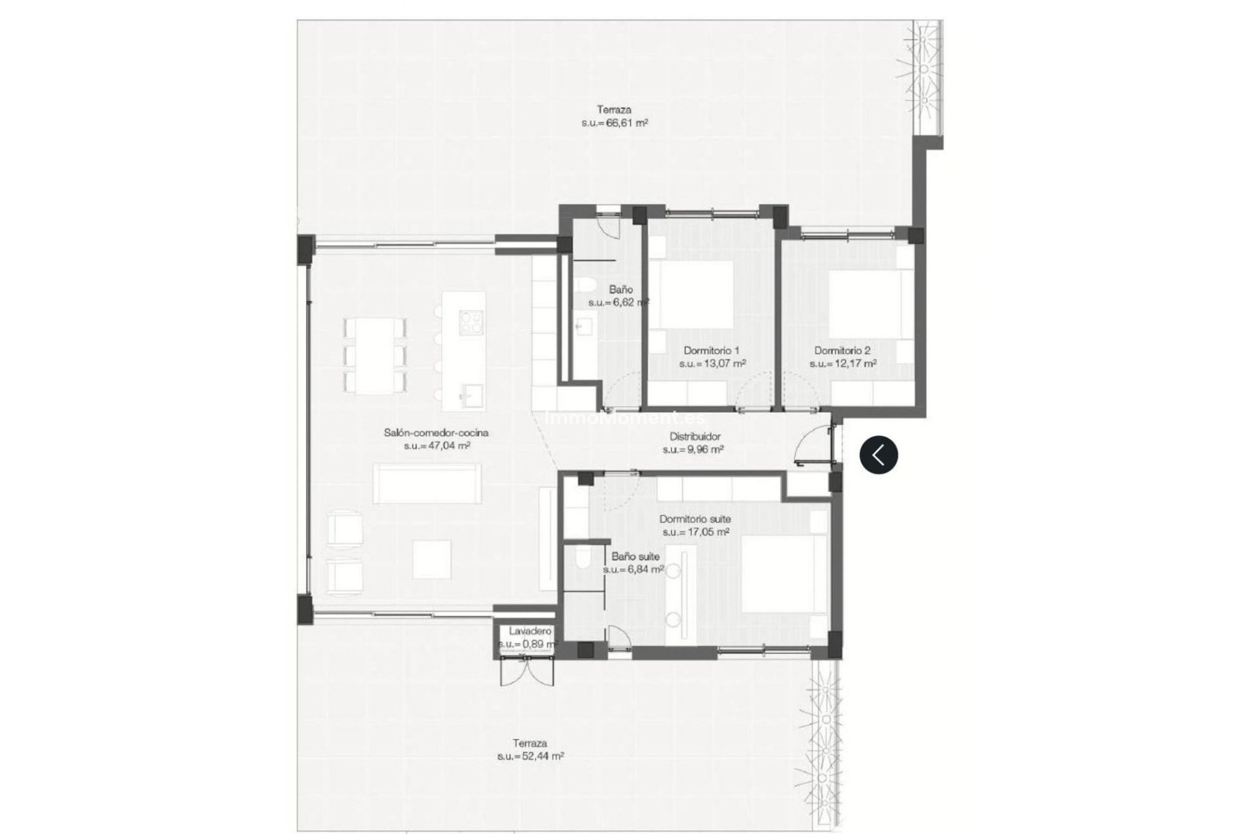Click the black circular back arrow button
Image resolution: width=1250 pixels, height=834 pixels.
(x=878, y=454)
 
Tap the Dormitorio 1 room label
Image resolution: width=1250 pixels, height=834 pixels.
(x=711, y=351)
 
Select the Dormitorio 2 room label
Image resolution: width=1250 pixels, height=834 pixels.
(x=842, y=351)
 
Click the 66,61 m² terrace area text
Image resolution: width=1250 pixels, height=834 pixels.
(x=615, y=122)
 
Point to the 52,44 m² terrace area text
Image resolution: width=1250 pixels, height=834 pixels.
(x=530, y=756)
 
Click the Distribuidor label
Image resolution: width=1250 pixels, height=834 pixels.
(x=695, y=437)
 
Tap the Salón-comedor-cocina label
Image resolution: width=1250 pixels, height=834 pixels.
(x=436, y=433)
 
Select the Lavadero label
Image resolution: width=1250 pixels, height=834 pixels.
(x=529, y=631)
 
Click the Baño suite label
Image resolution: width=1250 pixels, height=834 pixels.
(x=635, y=556)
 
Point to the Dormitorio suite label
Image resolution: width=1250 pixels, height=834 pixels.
(x=695, y=519)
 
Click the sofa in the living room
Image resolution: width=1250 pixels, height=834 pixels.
(x=427, y=483)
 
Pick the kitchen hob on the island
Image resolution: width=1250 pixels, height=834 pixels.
(x=470, y=322)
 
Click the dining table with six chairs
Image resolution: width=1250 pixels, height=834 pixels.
(x=374, y=355)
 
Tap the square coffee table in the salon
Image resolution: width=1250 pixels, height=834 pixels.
(x=432, y=559)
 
